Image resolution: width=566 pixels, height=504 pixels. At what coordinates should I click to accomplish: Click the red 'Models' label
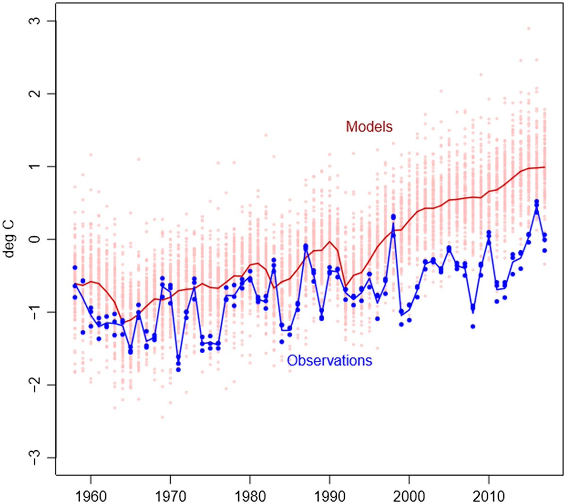tap(369, 126)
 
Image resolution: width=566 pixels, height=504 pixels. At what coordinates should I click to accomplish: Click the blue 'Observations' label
tap(329, 361)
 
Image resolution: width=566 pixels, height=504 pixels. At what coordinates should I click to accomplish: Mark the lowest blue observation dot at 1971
tap(178, 370)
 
